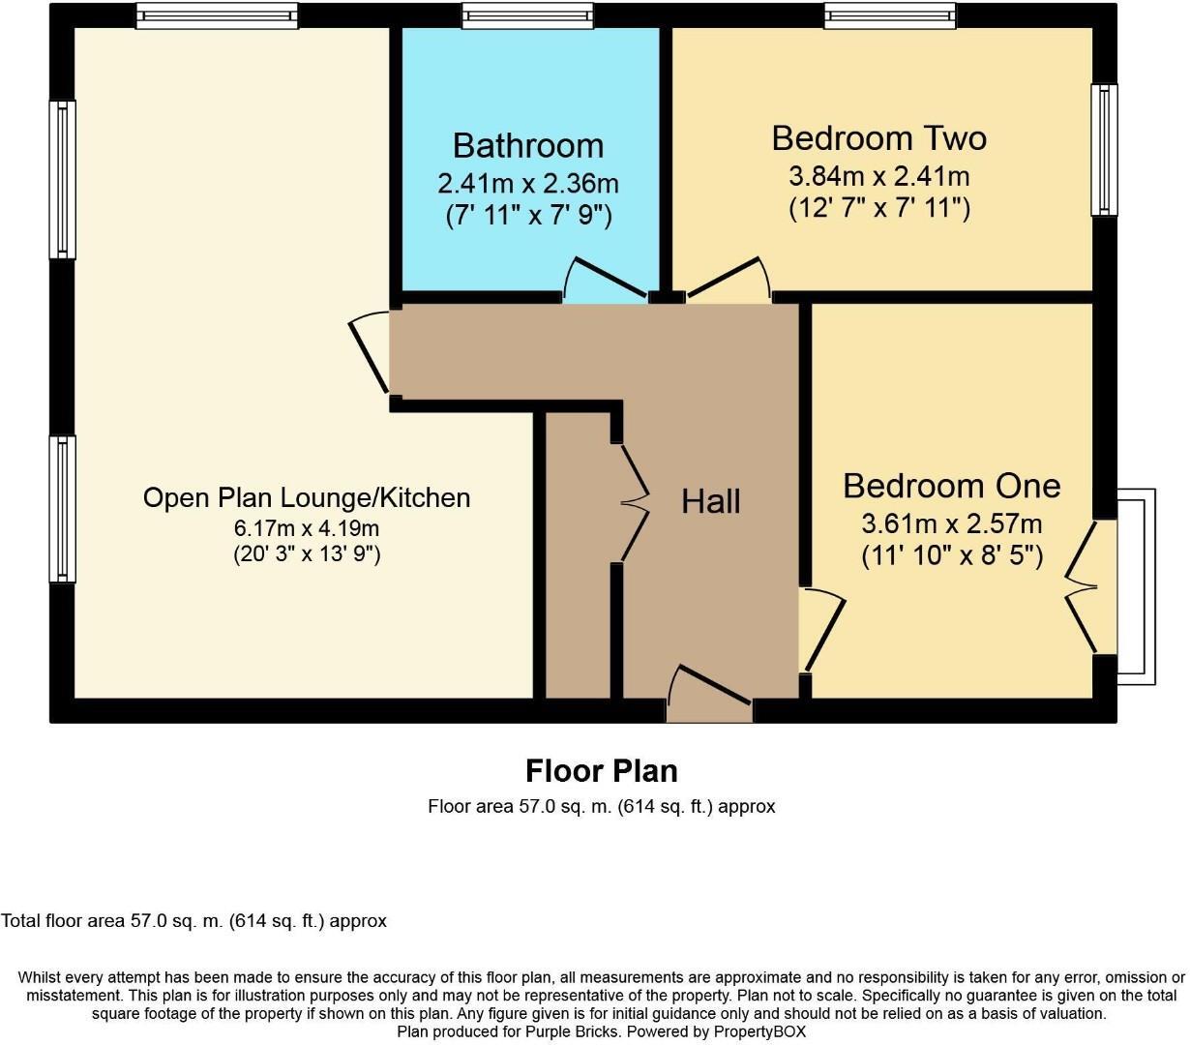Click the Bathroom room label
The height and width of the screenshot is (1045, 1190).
(528, 145)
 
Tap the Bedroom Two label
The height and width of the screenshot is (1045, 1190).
(878, 137)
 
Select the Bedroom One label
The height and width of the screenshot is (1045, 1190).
(951, 485)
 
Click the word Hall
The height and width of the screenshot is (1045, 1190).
(711, 501)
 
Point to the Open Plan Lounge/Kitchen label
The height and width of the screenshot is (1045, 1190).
(307, 497)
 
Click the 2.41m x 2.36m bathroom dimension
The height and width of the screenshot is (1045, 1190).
(528, 183)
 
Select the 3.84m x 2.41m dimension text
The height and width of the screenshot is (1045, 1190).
(878, 176)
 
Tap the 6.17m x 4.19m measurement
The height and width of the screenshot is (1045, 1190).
(307, 528)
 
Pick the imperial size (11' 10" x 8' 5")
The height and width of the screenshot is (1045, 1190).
(951, 556)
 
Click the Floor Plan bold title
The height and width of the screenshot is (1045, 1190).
(601, 771)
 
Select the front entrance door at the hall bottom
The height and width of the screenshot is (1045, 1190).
(709, 693)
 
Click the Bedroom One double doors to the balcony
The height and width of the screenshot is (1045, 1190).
(1084, 586)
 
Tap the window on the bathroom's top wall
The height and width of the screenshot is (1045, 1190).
(527, 15)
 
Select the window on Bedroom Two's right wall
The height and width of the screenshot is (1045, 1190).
(1104, 150)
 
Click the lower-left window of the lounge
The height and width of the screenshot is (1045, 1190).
(63, 508)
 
